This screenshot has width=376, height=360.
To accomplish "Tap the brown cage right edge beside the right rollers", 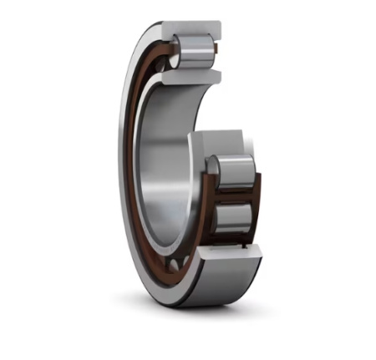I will click(x=258, y=200).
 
